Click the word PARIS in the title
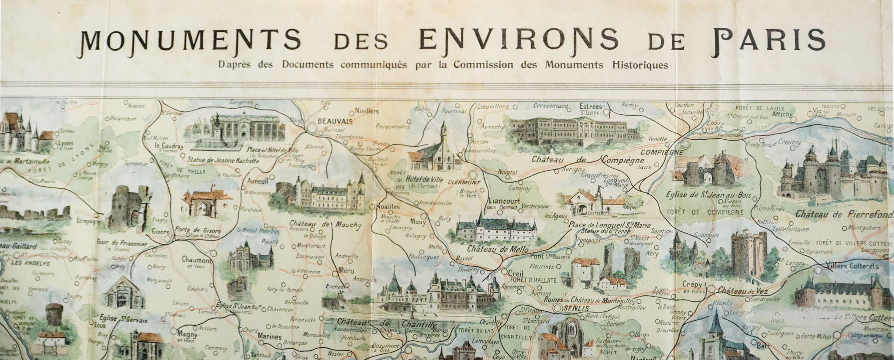pos(768,40)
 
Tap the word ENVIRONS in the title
pos(519,40)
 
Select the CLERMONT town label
pos(464,182)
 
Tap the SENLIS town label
pos(573,309)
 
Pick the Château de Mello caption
pos(498,250)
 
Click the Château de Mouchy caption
pos(325,225)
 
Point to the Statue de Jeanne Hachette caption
pos(223,160)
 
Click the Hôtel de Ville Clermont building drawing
pos(437,151)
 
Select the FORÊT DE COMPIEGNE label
pos(705,213)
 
